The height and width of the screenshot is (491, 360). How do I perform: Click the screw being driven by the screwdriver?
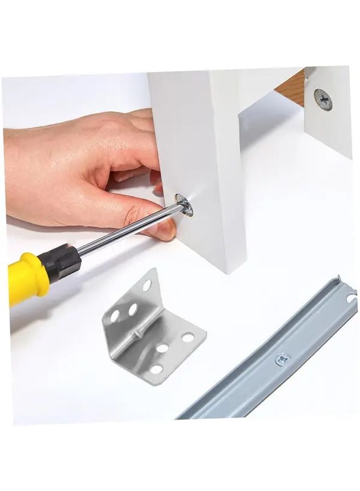[x=186, y=204]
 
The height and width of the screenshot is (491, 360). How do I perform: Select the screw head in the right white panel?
[x=323, y=100]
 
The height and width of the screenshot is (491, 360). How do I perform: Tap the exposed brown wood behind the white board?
[x=290, y=87]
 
